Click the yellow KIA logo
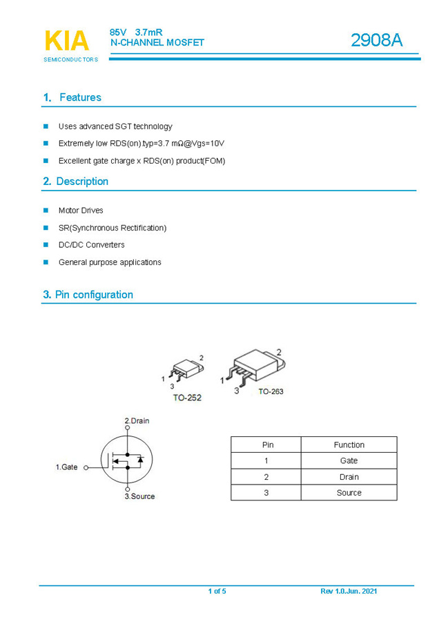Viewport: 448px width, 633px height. pos(67,41)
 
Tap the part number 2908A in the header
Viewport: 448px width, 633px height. pos(376,41)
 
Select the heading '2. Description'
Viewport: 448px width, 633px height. pos(75,182)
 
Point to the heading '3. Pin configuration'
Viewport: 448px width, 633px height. pos(88,295)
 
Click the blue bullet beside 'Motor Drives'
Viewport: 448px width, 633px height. pos(46,210)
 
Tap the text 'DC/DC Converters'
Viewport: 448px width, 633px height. pos(91,245)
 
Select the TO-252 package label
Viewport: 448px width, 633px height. pos(187,398)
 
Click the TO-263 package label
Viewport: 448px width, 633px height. pos(271,391)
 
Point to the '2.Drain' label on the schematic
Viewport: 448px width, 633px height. pos(137,420)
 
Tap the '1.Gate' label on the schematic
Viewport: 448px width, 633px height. pos(66,467)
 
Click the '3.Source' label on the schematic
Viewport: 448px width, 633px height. pos(139,496)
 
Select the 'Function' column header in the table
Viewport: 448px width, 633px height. pos(349,445)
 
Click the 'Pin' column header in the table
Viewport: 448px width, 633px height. pos(266,445)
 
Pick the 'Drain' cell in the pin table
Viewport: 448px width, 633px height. pos(349,477)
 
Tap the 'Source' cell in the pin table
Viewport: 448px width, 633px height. pos(349,493)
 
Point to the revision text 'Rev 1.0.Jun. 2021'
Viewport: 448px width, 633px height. pos(349,591)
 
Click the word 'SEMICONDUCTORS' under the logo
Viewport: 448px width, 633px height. pos(70,59)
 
